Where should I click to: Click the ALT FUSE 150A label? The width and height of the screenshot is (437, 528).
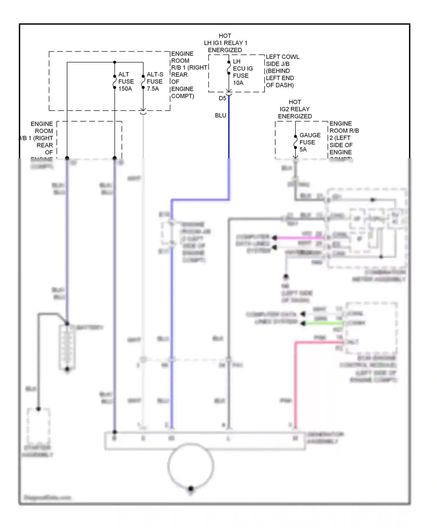(126, 81)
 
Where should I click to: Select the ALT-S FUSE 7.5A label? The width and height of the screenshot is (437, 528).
(155, 81)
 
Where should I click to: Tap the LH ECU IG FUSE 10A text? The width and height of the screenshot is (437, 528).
(242, 72)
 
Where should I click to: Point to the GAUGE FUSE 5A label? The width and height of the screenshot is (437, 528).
(309, 142)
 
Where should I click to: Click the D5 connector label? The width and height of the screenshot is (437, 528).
(222, 98)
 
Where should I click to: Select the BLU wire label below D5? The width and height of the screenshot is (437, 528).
(221, 116)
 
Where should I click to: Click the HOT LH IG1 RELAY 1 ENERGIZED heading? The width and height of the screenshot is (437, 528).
(225, 43)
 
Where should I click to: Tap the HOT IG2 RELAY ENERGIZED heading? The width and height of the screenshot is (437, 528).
(295, 109)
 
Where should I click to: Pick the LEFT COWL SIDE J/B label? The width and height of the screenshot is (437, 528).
(282, 71)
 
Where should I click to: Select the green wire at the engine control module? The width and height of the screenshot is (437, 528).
(323, 323)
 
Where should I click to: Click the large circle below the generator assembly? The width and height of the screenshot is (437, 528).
(191, 466)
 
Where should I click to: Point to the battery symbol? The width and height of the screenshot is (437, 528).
(67, 346)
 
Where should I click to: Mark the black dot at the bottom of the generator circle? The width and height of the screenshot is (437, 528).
(191, 488)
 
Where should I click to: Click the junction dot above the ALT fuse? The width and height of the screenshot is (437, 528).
(115, 62)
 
